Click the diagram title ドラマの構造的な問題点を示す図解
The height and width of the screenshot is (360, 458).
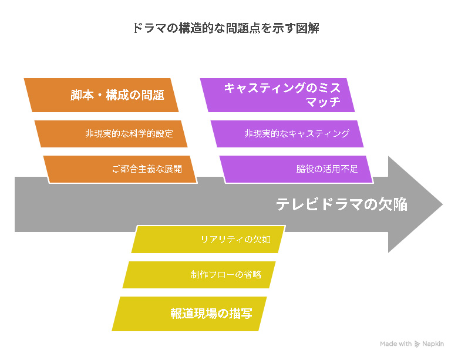[x=226, y=28]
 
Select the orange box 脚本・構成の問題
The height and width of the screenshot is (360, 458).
[x=101, y=95]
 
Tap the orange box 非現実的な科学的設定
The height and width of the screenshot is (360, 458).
[x=111, y=133]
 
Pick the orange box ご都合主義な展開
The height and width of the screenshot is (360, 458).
[x=120, y=169]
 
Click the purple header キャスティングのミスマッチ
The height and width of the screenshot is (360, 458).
[x=277, y=95]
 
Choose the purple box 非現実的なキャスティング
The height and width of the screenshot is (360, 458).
[x=287, y=133]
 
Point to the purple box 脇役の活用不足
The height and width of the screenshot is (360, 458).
[x=297, y=169]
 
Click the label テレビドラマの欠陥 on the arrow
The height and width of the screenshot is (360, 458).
[x=342, y=204]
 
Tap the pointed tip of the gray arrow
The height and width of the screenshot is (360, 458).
[x=443, y=204]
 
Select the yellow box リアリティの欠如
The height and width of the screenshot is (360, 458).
[x=208, y=240]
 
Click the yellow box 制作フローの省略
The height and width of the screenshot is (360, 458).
[x=199, y=275]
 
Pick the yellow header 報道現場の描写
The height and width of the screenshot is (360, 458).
[x=189, y=314]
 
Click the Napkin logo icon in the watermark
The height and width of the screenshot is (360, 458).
[x=417, y=344]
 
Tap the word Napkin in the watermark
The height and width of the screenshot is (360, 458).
[x=433, y=344]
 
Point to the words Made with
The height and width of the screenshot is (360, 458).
[x=396, y=344]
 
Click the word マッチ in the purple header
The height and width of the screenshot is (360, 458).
[x=324, y=102]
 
